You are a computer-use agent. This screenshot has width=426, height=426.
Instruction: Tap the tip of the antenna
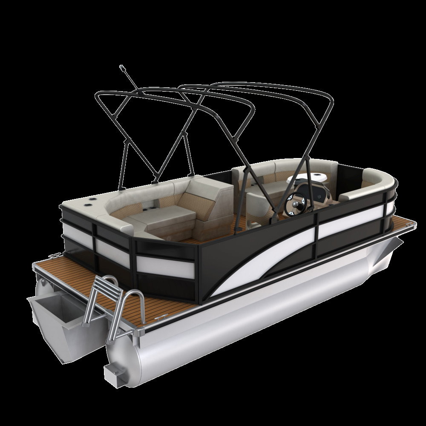(122, 67)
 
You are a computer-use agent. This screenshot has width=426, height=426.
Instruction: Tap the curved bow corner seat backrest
(375, 179)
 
